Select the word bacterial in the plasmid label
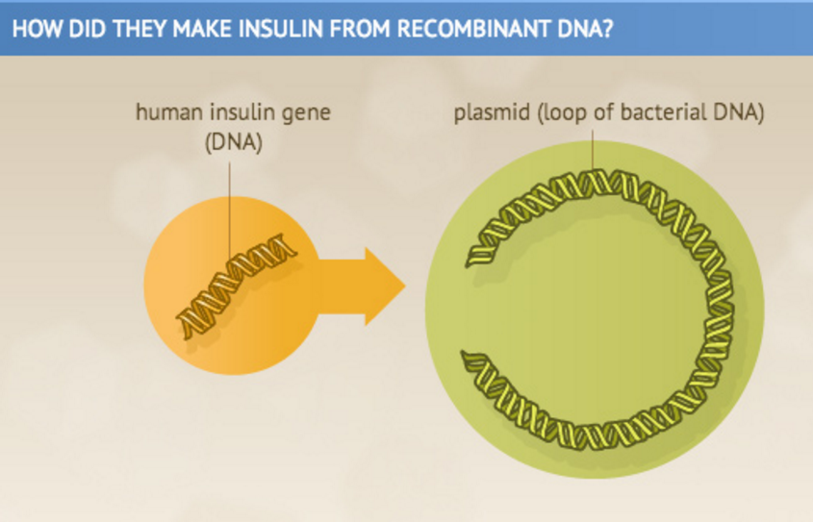click(x=658, y=113)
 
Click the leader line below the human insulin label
click(x=230, y=207)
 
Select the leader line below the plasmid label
click(x=593, y=154)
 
